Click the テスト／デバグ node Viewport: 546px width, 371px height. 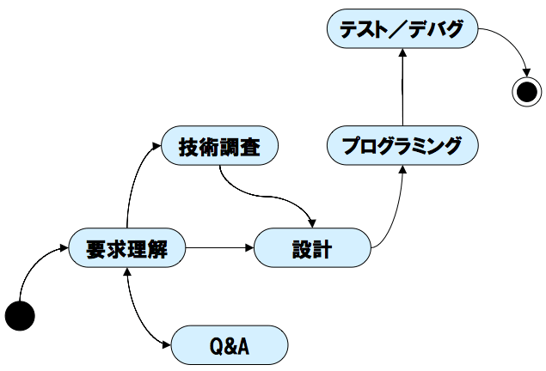coord(402,28)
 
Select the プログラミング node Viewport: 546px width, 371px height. coord(402,145)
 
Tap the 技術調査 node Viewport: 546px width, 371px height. coord(220,145)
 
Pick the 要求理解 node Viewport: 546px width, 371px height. coord(127,247)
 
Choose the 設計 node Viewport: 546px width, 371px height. coord(312,247)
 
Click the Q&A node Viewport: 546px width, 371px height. coord(230,345)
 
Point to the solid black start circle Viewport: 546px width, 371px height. coord(20,316)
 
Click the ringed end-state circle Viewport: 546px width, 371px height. coord(527,92)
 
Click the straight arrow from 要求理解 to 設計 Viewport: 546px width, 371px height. coord(220,248)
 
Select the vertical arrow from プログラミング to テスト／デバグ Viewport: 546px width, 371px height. coord(402,87)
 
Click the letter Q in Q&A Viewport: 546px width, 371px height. coord(217,346)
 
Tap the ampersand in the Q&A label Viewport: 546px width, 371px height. coord(230,346)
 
